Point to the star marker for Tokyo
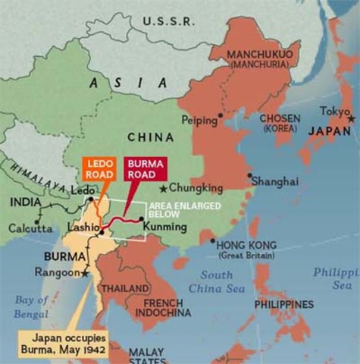tap(350, 119)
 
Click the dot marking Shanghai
tap(249, 175)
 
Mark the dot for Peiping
tap(220, 116)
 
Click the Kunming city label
tap(164, 227)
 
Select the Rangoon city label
tap(57, 271)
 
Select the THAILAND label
tap(125, 289)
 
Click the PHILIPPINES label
tap(284, 304)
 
